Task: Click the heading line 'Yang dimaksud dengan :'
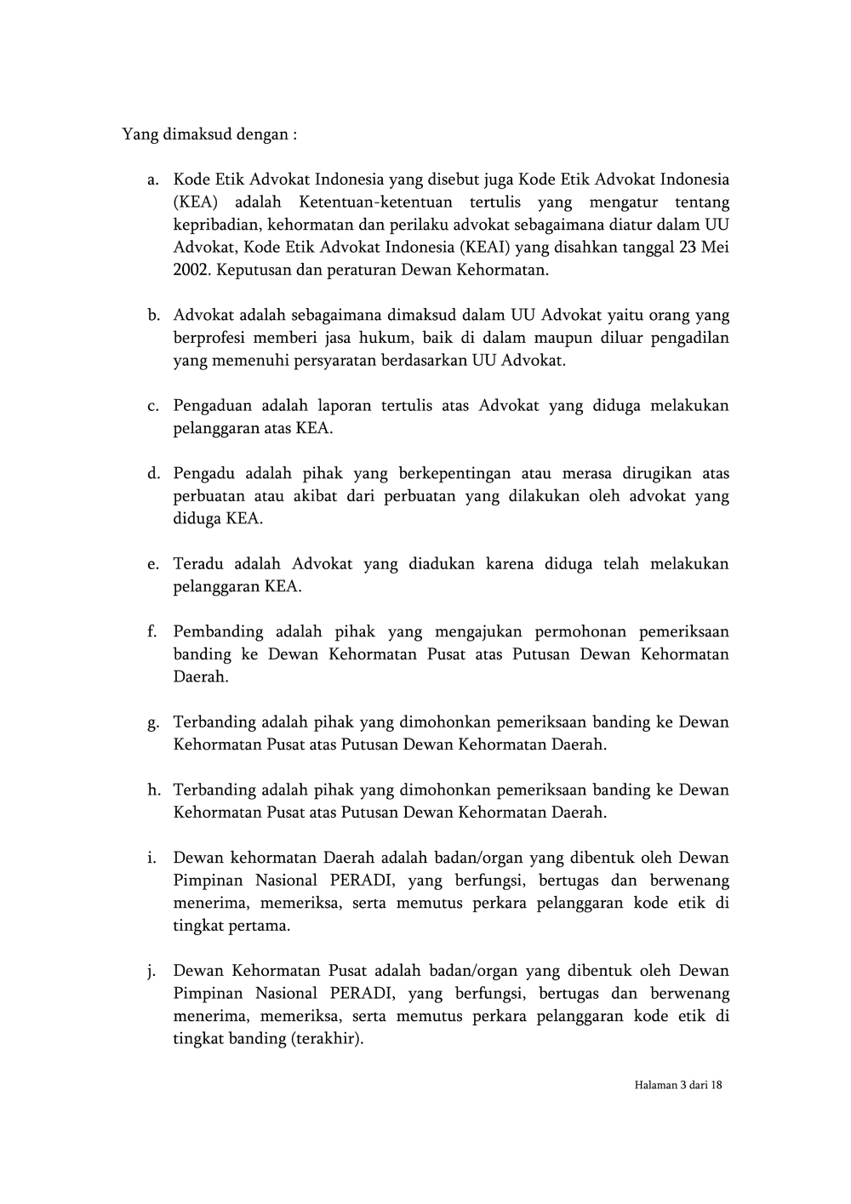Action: pyautogui.click(x=209, y=134)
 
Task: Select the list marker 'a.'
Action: pyautogui.click(x=153, y=180)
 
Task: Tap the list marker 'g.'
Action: pyautogui.click(x=153, y=722)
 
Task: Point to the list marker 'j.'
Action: pyautogui.click(x=154, y=972)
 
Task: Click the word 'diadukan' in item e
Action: pyautogui.click(x=442, y=564)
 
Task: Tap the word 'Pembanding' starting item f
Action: pyautogui.click(x=219, y=631)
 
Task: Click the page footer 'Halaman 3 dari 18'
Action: pyautogui.click(x=678, y=1085)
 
